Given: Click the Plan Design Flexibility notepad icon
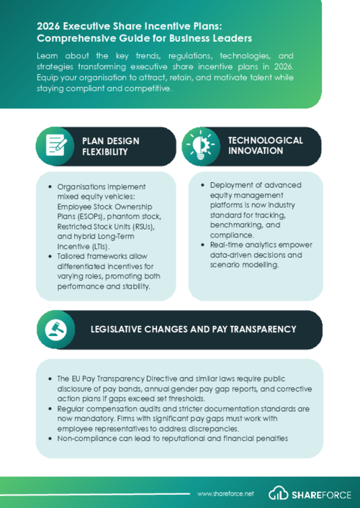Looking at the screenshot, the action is (x=55, y=146).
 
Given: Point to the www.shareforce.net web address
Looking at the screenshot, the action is (x=226, y=494).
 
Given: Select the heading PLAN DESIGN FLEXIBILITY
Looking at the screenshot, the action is (x=111, y=146).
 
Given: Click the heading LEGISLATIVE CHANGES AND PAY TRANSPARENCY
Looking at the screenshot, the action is (x=193, y=329).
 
